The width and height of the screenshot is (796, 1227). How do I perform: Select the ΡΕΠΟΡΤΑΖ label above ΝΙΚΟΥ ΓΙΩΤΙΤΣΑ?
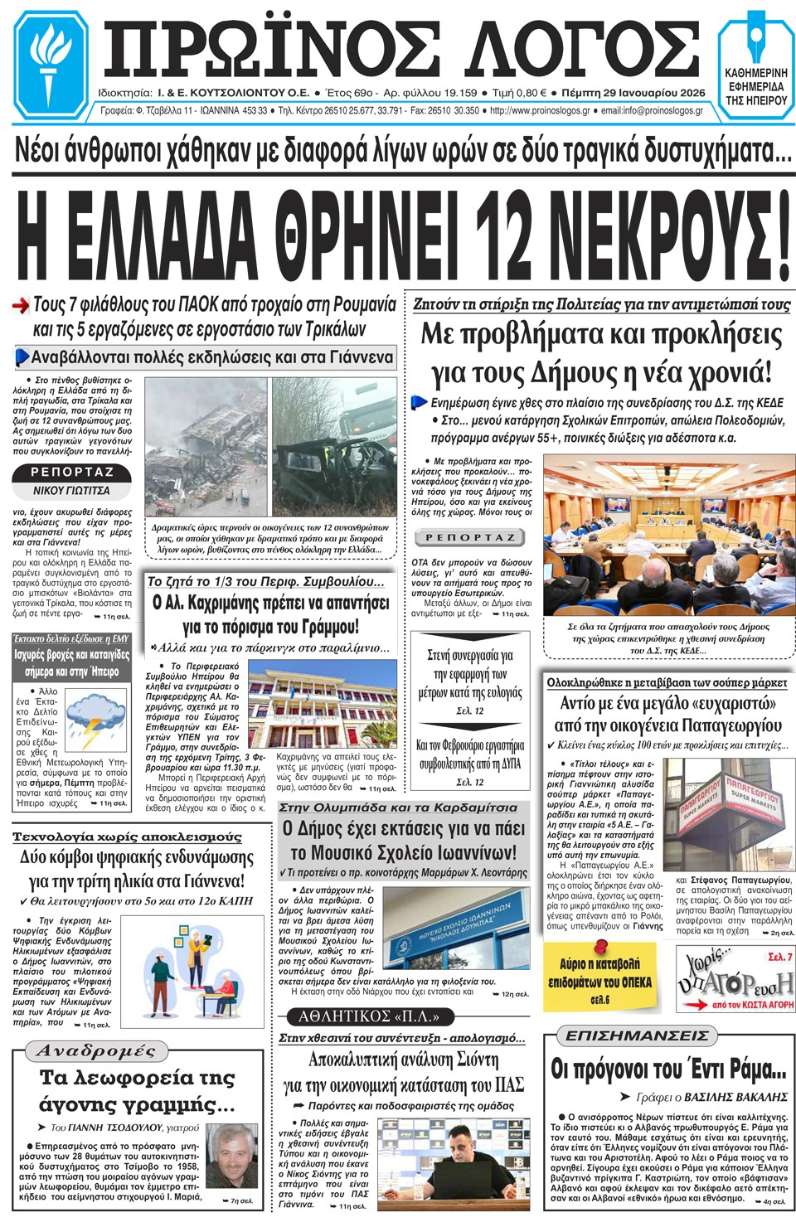click(x=71, y=473)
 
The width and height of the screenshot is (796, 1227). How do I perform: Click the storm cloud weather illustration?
click(x=95, y=718)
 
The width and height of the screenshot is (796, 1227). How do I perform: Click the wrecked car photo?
click(x=334, y=448)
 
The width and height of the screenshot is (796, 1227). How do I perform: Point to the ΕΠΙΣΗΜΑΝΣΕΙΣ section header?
click(x=637, y=1035)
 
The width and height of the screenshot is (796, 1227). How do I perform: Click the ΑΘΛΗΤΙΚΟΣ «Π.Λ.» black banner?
click(x=369, y=1016)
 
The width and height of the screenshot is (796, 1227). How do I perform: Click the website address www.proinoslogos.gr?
click(x=540, y=111)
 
